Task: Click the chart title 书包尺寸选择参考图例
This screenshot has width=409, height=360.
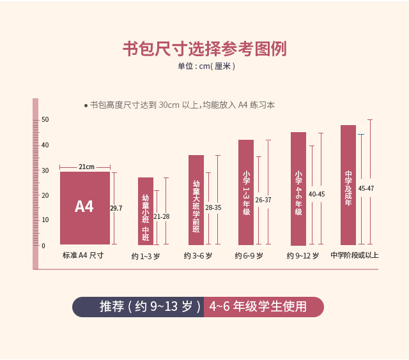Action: (x=204, y=49)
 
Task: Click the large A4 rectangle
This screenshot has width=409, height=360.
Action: (x=84, y=207)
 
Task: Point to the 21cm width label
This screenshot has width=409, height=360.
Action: (x=86, y=167)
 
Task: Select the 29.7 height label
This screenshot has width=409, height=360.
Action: (x=116, y=208)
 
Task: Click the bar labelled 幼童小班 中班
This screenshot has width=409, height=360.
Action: (x=146, y=211)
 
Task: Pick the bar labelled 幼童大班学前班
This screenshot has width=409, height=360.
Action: (x=196, y=200)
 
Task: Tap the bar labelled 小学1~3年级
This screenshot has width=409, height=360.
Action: (x=246, y=192)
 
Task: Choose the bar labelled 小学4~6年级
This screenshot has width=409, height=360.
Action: (x=298, y=189)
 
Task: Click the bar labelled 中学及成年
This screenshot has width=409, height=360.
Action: (x=348, y=185)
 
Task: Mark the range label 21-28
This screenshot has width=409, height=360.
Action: (x=162, y=216)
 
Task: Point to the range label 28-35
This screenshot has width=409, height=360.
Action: (x=213, y=207)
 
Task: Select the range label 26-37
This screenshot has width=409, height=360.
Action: (x=263, y=200)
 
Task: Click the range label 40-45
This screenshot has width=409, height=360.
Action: (x=316, y=194)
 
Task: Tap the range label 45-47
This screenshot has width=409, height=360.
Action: (x=366, y=188)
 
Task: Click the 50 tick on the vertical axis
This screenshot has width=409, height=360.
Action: (x=45, y=120)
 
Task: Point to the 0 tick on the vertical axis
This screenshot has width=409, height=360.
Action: (x=43, y=246)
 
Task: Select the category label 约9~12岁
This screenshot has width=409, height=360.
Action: (x=303, y=256)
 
